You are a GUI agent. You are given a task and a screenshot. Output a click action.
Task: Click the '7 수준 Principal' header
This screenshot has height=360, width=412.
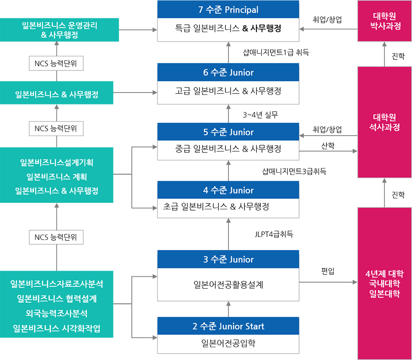[x=228, y=10]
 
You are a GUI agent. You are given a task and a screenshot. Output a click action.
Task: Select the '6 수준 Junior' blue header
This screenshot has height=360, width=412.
[x=228, y=72]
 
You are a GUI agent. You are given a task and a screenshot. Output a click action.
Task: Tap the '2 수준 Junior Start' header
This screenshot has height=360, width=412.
[x=228, y=326]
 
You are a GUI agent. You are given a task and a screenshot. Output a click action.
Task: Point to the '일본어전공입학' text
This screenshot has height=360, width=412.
[x=228, y=343]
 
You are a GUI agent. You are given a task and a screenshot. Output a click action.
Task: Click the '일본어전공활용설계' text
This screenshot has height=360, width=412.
[x=228, y=284]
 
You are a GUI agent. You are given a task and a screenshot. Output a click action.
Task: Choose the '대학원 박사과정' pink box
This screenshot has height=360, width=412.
[x=385, y=21]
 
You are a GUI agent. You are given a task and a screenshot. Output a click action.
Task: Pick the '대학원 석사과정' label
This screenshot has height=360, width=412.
[x=385, y=122]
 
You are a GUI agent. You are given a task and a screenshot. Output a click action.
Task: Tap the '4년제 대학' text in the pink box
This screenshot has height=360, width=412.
[x=385, y=274]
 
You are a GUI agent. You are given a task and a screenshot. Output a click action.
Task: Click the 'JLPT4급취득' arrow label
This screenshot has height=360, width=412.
[x=274, y=234]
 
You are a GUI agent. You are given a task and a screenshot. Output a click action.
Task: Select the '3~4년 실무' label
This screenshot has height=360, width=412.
[x=260, y=115]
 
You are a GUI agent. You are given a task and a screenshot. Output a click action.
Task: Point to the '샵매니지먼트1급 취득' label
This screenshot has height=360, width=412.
[x=276, y=52]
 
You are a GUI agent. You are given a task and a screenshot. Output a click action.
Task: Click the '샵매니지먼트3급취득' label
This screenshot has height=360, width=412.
[x=294, y=171]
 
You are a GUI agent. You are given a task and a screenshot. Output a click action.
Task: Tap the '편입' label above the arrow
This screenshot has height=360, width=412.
[x=328, y=271]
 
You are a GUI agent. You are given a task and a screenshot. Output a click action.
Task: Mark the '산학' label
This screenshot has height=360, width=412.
[x=328, y=146]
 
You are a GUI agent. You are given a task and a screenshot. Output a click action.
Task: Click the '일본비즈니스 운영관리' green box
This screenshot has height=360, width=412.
[x=60, y=30]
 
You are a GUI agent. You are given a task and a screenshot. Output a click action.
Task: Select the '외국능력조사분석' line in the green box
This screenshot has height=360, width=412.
[x=56, y=313]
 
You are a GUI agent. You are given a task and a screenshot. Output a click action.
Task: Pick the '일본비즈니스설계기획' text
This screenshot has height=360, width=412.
[x=56, y=162]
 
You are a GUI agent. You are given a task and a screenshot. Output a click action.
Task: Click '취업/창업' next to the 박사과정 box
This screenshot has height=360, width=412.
[x=327, y=19]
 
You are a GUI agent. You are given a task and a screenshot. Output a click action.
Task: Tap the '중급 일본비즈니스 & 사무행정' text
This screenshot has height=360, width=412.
[x=228, y=148]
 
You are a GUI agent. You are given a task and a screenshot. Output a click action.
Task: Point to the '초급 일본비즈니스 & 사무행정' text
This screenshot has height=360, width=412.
[x=216, y=207]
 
